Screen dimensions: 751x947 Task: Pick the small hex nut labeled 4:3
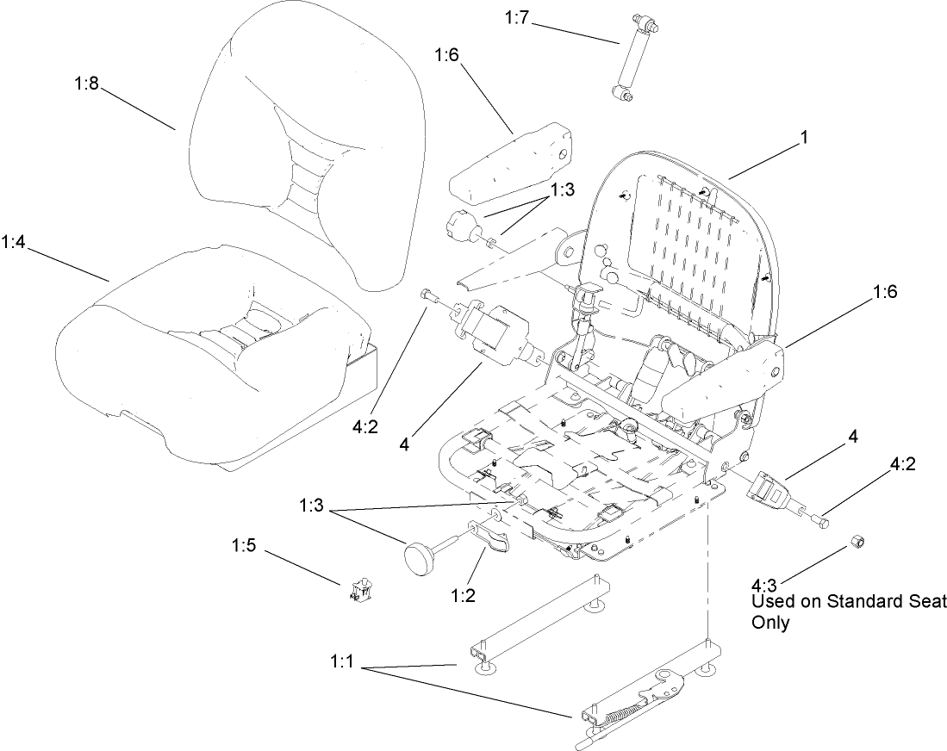tap(858, 541)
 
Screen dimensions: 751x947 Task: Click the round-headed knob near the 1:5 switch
tap(420, 560)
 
